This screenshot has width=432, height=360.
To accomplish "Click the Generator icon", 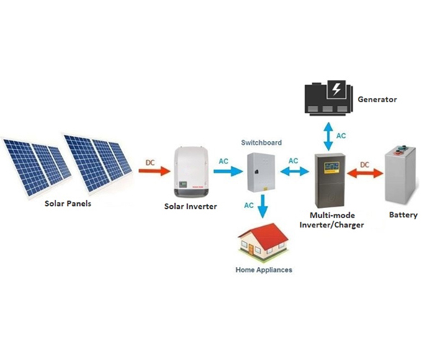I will (328, 99).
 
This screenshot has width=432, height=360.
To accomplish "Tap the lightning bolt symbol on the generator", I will (336, 90).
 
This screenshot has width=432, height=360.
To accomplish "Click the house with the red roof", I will (264, 243).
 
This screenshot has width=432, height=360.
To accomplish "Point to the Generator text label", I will (378, 99).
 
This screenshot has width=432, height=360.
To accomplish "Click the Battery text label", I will (402, 215).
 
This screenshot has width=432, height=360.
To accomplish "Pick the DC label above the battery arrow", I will (364, 164).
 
